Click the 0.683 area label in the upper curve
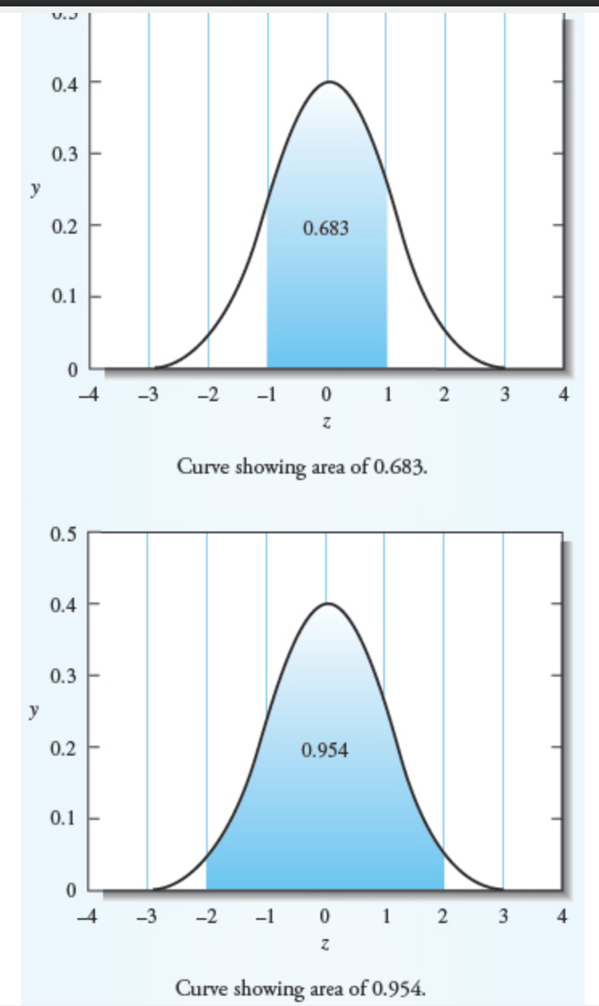[326, 229]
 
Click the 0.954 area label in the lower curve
[325, 751]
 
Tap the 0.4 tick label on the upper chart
[64, 82]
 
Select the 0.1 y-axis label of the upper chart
[64, 296]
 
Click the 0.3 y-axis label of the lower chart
[64, 675]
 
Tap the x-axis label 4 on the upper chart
[564, 395]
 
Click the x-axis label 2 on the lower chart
[444, 917]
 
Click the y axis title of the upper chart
[33, 188]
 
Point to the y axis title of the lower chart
[33, 710]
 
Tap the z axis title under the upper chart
[326, 422]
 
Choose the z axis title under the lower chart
[325, 943]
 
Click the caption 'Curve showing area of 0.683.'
[301, 467]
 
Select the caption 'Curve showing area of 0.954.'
[299, 988]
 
